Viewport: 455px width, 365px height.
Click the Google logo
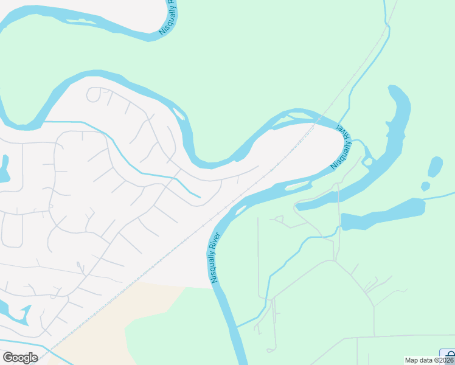(20, 358)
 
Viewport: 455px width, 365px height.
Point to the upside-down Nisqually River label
(341, 148)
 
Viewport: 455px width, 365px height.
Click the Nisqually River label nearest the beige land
(214, 257)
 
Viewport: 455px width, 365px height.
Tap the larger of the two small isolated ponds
(436, 167)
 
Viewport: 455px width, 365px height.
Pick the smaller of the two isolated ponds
(425, 186)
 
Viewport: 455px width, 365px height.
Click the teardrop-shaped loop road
(95, 95)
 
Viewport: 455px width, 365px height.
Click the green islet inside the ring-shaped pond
(368, 161)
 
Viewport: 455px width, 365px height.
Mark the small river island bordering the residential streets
(179, 114)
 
